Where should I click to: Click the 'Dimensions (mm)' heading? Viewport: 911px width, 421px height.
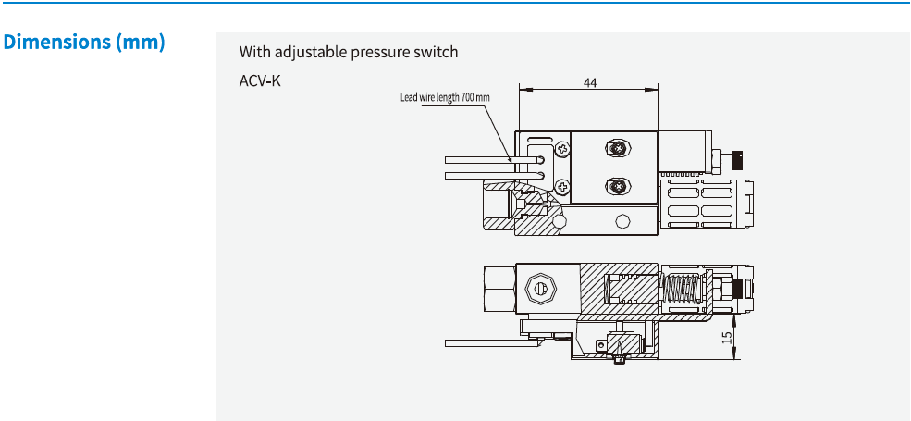click(84, 43)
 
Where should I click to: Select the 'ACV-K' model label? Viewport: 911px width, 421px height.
click(260, 80)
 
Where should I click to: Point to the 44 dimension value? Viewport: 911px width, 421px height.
click(590, 82)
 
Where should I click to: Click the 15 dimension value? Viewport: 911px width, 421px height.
click(728, 339)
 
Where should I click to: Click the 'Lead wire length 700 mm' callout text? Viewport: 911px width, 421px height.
click(445, 97)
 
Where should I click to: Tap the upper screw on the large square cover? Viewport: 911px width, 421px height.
click(614, 147)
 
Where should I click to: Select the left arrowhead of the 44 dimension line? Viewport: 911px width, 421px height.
click(523, 90)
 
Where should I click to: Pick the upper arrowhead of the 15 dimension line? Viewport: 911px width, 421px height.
click(737, 317)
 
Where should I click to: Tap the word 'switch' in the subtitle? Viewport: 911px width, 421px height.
click(436, 52)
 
